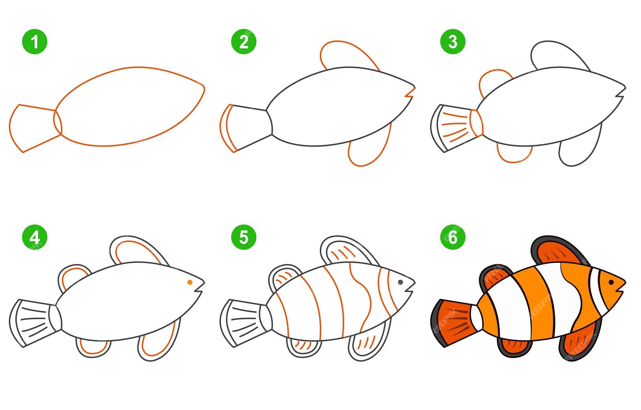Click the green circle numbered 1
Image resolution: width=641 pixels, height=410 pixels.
coord(35,42)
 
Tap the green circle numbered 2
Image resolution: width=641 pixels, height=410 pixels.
coord(244,42)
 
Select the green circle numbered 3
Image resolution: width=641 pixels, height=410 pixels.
coord(453,42)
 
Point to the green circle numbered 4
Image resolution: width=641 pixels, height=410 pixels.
coord(35,238)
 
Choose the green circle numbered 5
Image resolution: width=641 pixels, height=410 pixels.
coord(244,238)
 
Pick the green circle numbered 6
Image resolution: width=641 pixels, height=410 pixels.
coord(453,238)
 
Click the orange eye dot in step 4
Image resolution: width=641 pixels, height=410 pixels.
coord(190,282)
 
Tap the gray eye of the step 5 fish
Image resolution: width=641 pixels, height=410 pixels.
coord(400,282)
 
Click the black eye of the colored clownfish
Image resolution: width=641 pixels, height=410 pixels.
coord(611,282)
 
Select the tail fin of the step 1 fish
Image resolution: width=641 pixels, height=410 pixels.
coord(34,128)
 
